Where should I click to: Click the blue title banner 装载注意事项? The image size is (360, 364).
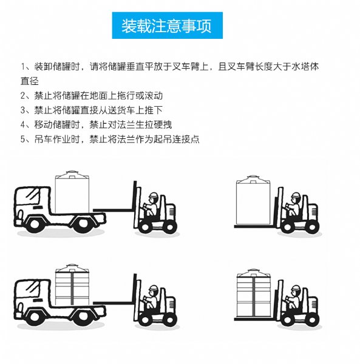pos(167,25)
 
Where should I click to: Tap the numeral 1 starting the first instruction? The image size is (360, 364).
pos(23,67)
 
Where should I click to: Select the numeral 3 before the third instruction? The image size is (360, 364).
pos(22,110)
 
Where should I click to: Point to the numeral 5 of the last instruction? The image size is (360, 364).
pos(22,140)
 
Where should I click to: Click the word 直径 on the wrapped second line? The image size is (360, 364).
pos(30,81)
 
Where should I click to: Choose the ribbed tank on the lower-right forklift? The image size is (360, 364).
pos(254,293)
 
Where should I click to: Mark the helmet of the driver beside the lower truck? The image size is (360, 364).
pos(154,288)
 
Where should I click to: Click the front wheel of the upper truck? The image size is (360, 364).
pos(35,224)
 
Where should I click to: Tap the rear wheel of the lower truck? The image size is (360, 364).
pos(83,316)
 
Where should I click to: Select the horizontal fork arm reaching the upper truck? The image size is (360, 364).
pos(113,211)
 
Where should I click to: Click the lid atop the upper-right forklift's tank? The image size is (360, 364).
pos(253,177)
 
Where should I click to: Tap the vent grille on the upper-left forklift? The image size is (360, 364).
pos(171,211)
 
